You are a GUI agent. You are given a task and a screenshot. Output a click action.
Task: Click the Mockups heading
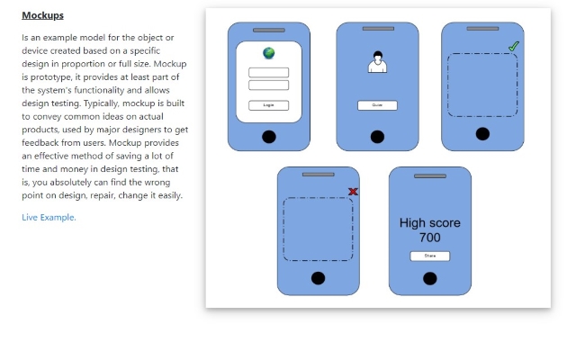pos(42,15)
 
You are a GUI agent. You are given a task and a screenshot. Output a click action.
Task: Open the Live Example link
pos(49,217)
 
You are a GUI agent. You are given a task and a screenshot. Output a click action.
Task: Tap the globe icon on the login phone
pos(268,53)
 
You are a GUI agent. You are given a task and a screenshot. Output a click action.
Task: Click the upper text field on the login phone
pos(268,72)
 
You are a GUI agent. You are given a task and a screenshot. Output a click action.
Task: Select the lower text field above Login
pos(268,85)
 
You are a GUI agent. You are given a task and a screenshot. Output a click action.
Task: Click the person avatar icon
pos(377,63)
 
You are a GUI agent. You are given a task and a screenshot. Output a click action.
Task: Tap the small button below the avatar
pos(377,105)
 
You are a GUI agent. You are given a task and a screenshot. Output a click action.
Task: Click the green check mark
pos(514,45)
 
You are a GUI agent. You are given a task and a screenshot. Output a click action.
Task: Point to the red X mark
pos(353,191)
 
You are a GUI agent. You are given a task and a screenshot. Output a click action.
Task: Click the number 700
pos(429,238)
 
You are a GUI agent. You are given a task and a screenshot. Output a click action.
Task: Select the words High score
pos(429,223)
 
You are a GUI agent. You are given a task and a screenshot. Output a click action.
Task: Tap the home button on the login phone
pos(268,136)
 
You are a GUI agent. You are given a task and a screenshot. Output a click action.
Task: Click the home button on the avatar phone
pos(377,136)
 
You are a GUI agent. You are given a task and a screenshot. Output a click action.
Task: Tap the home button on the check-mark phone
pos(482,134)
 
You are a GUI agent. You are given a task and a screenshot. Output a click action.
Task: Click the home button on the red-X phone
pos(318,277)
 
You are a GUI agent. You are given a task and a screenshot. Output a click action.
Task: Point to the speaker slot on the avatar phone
pos(378,29)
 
